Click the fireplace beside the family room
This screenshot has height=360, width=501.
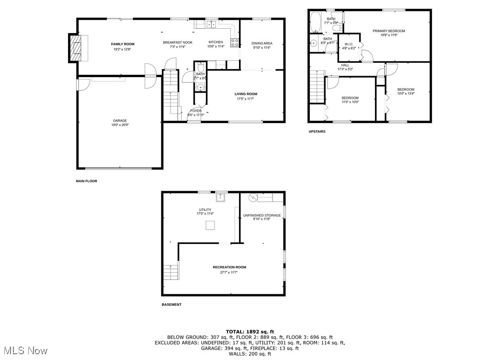(x=75, y=47)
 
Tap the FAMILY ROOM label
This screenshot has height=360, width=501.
(x=119, y=44)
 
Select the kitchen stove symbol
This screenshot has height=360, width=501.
(x=235, y=43)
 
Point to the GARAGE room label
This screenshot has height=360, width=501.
(x=120, y=121)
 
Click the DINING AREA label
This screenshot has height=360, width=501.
(x=262, y=43)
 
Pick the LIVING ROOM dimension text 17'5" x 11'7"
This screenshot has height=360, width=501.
(x=246, y=99)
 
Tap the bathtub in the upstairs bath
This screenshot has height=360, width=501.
(x=316, y=22)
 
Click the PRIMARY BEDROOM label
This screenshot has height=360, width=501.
(x=388, y=31)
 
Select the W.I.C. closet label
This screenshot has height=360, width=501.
(x=348, y=44)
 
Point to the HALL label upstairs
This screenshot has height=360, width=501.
(x=345, y=65)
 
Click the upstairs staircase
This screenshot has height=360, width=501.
(x=317, y=86)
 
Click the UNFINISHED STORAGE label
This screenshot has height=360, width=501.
(x=262, y=215)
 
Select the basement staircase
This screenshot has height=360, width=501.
(x=171, y=272)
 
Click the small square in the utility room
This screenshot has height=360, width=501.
(x=210, y=225)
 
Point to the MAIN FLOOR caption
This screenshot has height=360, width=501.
(x=87, y=181)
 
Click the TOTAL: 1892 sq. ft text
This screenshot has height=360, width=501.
(x=250, y=331)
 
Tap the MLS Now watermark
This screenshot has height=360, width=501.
(x=24, y=351)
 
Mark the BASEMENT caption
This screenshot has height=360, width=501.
(x=171, y=304)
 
